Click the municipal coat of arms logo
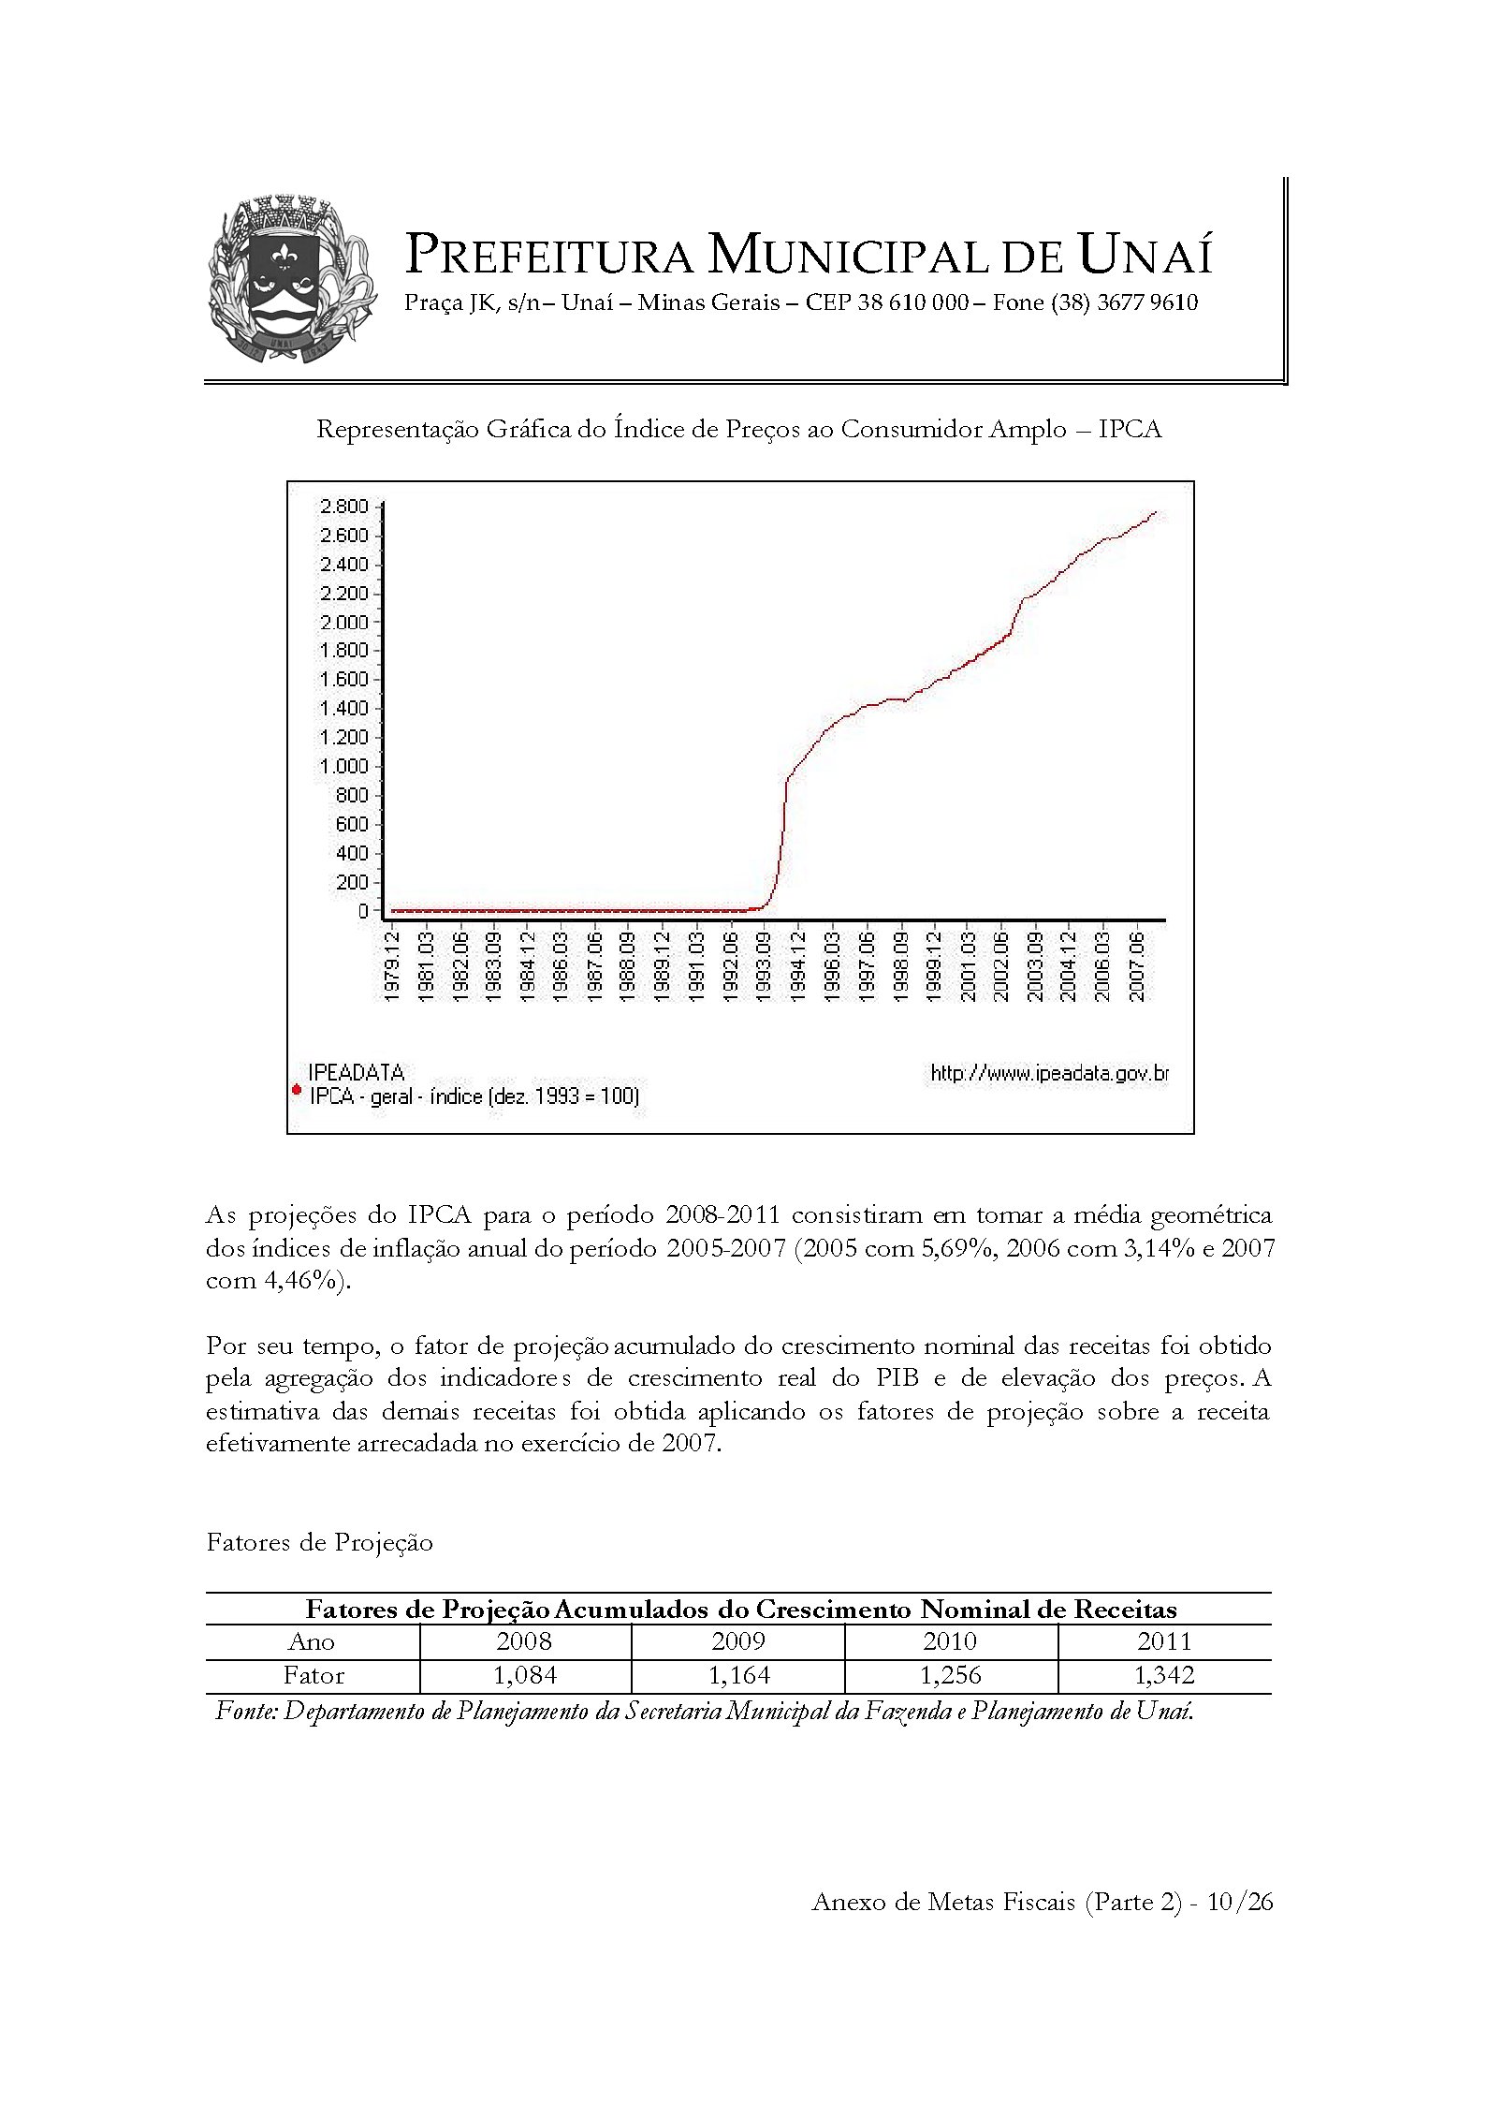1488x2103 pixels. click(x=291, y=279)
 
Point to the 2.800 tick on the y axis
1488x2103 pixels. click(x=344, y=507)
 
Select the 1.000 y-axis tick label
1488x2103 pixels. click(x=344, y=766)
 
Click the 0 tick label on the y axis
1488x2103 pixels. click(x=363, y=910)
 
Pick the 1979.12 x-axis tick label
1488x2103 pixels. click(x=392, y=964)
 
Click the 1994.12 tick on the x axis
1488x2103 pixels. click(x=797, y=964)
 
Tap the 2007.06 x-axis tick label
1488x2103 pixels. click(x=1136, y=964)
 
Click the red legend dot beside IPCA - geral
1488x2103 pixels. click(x=297, y=1089)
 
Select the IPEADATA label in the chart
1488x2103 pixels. click(x=357, y=1072)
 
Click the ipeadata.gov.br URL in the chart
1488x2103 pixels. click(x=1049, y=1073)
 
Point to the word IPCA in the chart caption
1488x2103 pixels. click(x=1130, y=429)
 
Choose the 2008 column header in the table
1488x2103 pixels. click(x=524, y=1640)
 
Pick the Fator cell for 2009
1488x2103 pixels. click(x=738, y=1675)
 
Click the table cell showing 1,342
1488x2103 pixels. click(x=1164, y=1675)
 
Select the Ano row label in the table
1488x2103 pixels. click(x=312, y=1641)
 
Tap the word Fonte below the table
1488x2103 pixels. click(x=246, y=1711)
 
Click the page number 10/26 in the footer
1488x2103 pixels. click(x=1240, y=1901)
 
